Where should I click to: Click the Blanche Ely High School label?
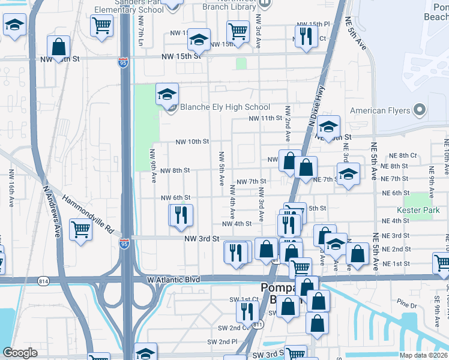tap(225, 107)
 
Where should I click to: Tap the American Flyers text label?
tap(380, 110)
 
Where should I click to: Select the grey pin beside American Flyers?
tap(420, 110)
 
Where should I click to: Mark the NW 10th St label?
tap(192, 142)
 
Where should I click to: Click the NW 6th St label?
tap(176, 197)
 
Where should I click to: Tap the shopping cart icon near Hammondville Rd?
tap(80, 228)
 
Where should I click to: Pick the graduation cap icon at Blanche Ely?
tap(167, 94)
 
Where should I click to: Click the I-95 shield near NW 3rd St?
tap(124, 244)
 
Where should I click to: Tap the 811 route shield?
tap(258, 325)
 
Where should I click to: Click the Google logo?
tap(20, 353)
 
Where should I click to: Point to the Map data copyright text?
tap(423, 355)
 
